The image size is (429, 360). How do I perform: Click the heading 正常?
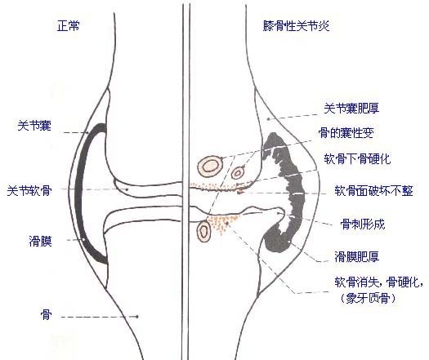[x=69, y=26]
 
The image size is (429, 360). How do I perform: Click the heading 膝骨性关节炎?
[x=296, y=26]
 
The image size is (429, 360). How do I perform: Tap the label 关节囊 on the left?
[x=34, y=126]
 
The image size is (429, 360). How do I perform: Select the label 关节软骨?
[x=29, y=190]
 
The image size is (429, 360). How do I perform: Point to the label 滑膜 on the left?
[x=41, y=242]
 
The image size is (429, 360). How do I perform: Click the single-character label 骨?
[x=46, y=314]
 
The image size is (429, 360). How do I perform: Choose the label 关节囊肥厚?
[x=351, y=109]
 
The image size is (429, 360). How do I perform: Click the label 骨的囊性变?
[x=346, y=133]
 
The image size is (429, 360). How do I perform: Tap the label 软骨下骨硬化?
[x=357, y=158]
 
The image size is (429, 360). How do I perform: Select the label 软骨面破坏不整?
[x=373, y=190]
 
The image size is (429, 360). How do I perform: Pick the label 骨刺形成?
[x=363, y=224]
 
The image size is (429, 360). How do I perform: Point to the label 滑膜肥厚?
[x=357, y=256]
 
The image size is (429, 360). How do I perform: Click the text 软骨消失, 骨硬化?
[x=378, y=282]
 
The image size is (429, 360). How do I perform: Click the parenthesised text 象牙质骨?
[x=369, y=298]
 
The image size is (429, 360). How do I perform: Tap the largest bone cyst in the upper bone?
[x=210, y=166]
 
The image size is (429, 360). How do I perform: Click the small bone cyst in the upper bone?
[x=238, y=173]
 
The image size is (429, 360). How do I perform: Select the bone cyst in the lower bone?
[x=203, y=231]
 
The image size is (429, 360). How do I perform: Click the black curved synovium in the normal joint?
[x=79, y=191]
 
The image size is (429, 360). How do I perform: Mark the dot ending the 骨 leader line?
[x=137, y=317]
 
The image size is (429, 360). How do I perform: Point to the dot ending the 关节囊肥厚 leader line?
[x=268, y=119]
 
